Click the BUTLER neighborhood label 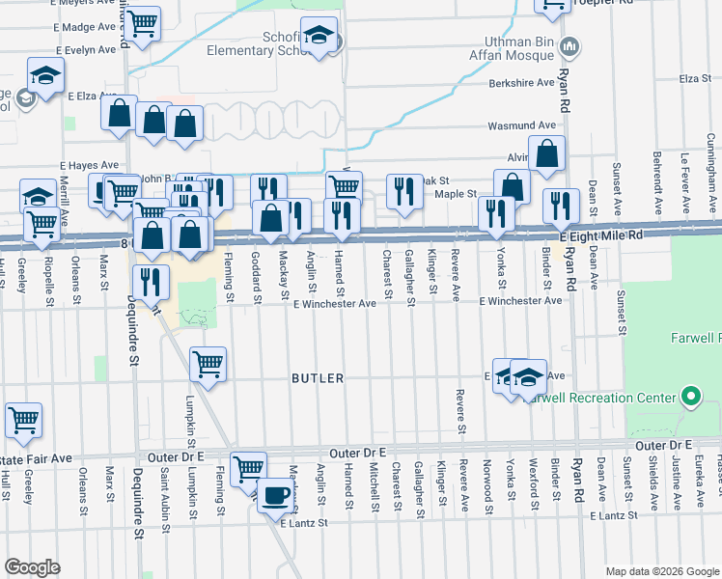click(318, 378)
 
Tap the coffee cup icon click(275, 494)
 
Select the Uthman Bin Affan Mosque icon click(569, 45)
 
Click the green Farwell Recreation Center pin click(690, 397)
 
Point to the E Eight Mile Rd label click(600, 235)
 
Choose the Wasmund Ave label click(521, 125)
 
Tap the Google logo click(32, 566)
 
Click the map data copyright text click(661, 570)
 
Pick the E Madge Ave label click(91, 28)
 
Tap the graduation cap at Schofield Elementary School click(319, 37)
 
